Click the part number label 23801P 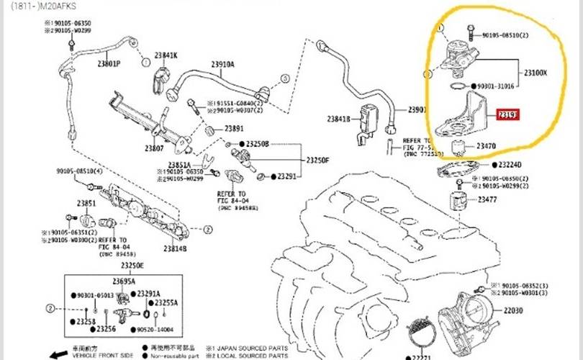[109, 63]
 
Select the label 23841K [165, 55]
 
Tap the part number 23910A [222, 64]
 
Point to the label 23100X [535, 73]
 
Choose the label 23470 [487, 146]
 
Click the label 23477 [487, 199]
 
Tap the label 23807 [153, 148]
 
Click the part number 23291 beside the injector [287, 176]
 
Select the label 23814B [174, 248]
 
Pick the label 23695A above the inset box [123, 281]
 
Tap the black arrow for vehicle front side [58, 354]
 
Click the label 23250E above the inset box [132, 266]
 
